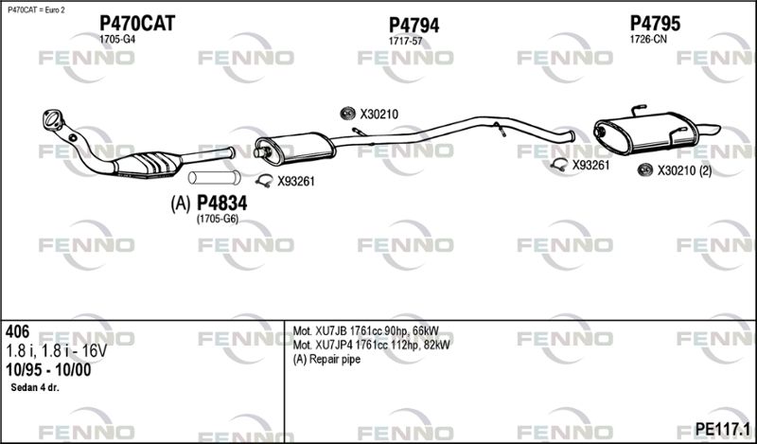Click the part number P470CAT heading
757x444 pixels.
137,23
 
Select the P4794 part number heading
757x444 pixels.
414,26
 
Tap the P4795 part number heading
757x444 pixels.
655,23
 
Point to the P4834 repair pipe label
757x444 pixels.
222,204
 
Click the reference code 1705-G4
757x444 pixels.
117,40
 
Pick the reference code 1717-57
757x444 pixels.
406,42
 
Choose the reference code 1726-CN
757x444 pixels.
648,40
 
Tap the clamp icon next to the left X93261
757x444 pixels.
264,181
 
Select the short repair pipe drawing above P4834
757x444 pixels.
215,177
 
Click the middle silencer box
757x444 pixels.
294,148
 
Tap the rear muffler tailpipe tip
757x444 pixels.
710,130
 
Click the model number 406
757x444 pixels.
17,331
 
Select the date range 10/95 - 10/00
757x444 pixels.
48,370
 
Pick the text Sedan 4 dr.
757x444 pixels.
35,388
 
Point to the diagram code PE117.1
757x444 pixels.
722,428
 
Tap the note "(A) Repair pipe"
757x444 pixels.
326,360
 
